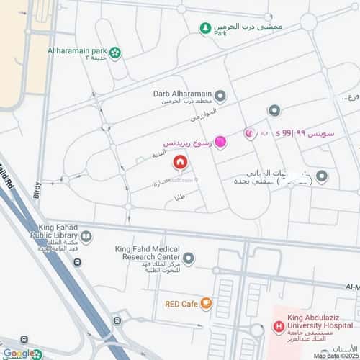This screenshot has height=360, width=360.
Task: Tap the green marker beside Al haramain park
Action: tap(115, 52)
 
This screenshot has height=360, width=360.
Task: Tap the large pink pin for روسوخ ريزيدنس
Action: tap(221, 143)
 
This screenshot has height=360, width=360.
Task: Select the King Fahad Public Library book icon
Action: tap(86, 235)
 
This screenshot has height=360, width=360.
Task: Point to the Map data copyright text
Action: tap(336, 356)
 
